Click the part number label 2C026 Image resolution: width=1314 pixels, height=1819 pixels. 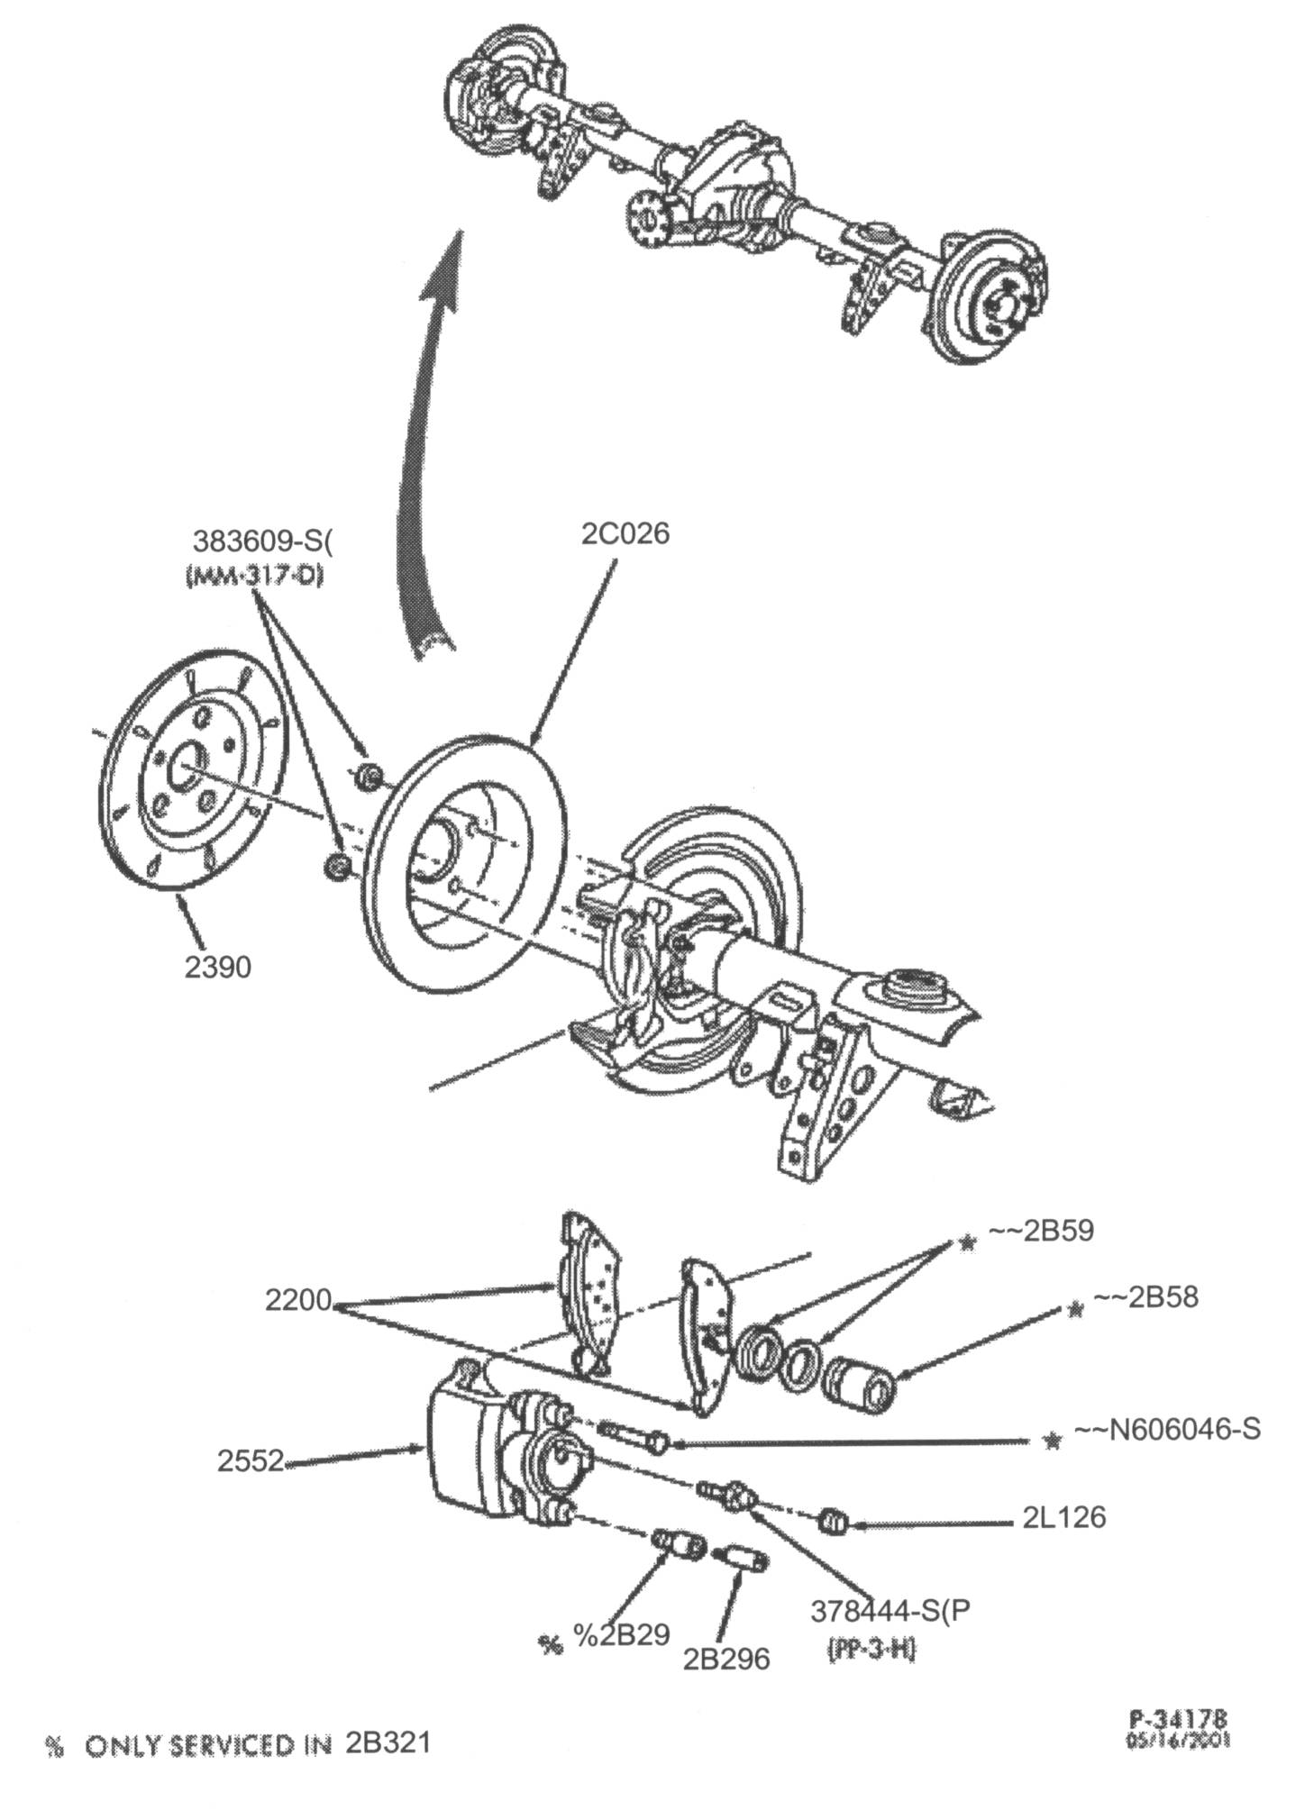[625, 533]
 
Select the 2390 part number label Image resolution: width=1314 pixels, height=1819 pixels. [217, 967]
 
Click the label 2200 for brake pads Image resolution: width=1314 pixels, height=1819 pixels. [298, 1300]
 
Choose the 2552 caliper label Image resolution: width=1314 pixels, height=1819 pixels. [250, 1460]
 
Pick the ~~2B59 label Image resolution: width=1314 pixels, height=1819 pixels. [1041, 1231]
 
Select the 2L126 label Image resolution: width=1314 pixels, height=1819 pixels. [1063, 1517]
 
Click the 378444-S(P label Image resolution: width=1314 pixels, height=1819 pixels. [890, 1610]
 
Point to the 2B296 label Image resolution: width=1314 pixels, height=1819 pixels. [725, 1659]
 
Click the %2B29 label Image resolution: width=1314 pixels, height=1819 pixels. [621, 1635]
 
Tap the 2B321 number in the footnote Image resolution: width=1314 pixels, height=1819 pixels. [388, 1742]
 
